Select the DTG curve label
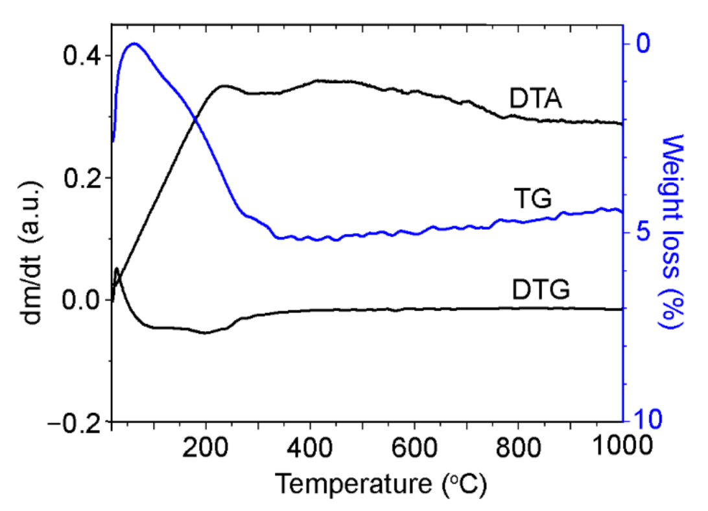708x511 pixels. coord(540,290)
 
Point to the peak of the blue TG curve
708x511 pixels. coord(134,44)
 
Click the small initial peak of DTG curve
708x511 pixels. coord(117,268)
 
